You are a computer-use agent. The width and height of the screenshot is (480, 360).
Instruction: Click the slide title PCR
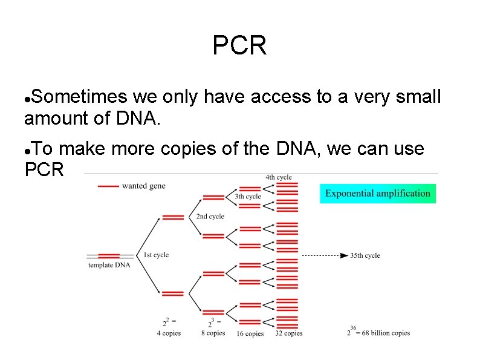pos(239,46)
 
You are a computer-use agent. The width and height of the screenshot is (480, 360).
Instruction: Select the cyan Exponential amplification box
pos(377,194)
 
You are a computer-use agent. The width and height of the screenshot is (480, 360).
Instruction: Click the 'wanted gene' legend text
pos(143,186)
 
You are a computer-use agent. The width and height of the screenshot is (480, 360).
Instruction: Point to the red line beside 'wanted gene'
pos(108,186)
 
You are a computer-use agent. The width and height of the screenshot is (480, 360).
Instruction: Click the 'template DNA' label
pos(109,265)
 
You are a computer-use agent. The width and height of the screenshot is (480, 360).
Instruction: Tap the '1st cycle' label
pos(156,255)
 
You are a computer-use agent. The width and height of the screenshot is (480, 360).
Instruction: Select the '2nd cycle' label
pos(210,217)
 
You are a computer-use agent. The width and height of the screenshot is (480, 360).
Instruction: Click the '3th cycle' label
pos(248,197)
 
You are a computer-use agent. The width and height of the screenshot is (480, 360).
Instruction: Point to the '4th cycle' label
pos(278,177)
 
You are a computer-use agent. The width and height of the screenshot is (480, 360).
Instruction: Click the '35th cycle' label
pos(365,256)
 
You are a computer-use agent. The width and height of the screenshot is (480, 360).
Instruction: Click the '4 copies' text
pos(169,333)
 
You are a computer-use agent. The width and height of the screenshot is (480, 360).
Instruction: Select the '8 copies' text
pos(213,333)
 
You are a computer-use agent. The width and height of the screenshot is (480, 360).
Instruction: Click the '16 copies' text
pos(250,334)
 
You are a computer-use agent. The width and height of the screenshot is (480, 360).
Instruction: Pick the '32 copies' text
pos(288,333)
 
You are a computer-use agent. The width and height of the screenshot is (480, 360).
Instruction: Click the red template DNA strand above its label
pos(109,257)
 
